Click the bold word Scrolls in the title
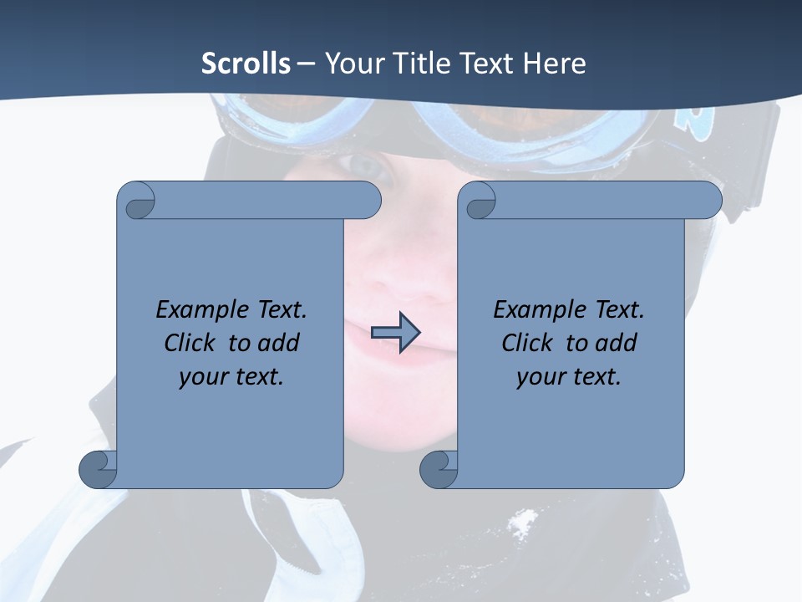(x=246, y=63)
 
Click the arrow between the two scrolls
(x=395, y=333)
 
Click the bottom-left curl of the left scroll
(x=99, y=469)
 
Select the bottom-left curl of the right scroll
(x=439, y=469)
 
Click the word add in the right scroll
(x=617, y=343)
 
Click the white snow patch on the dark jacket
(x=522, y=523)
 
